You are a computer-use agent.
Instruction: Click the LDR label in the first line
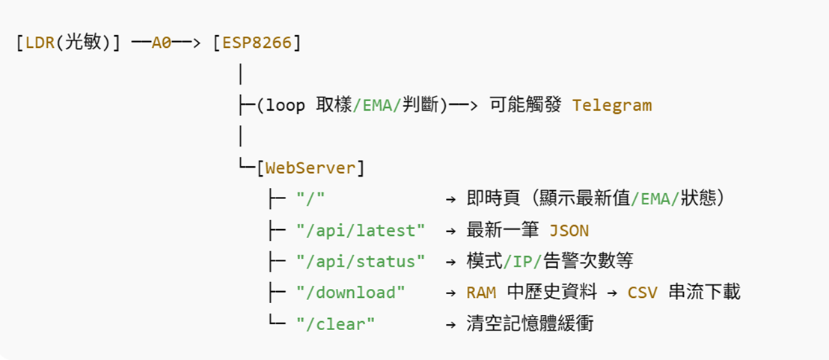[40, 43]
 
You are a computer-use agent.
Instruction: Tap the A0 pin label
[162, 43]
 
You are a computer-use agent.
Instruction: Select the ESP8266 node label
[257, 43]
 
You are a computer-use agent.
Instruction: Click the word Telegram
[612, 105]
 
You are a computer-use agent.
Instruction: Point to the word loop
[286, 105]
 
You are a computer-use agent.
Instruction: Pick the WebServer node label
[311, 168]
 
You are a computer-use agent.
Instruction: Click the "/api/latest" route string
[361, 230]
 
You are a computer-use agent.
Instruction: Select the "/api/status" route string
[361, 261]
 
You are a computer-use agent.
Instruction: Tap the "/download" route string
[351, 293]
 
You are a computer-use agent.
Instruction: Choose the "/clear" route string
[336, 324]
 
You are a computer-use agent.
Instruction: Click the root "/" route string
[311, 199]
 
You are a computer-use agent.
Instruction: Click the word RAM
[480, 293]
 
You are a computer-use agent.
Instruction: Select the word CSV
[642, 293]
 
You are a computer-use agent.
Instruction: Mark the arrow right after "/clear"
[450, 324]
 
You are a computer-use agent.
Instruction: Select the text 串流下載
[703, 293]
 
